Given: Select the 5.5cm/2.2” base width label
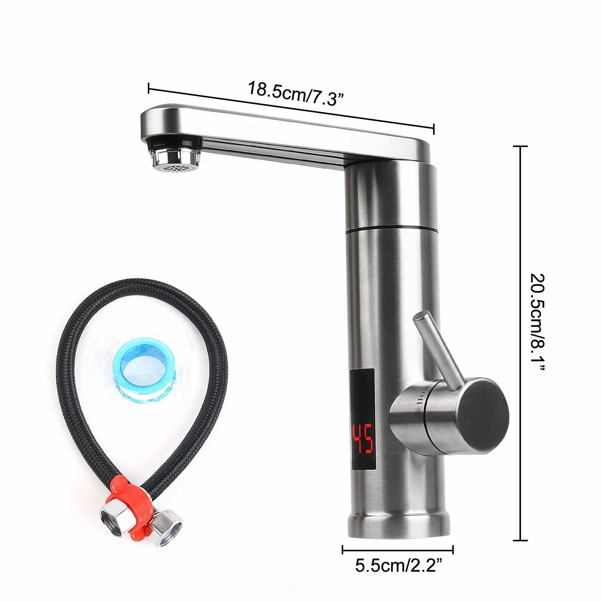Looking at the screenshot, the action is point(399,566).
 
